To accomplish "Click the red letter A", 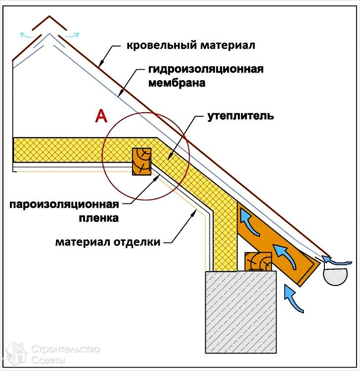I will pos(101,116).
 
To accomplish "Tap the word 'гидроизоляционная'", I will pos(206,69).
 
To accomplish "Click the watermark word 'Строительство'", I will pos(65,349).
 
